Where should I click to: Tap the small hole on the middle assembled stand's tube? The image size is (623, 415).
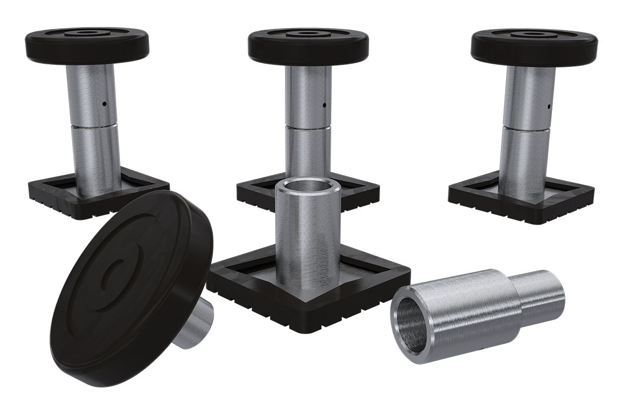(324, 105)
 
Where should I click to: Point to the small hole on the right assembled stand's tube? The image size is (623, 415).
(548, 107)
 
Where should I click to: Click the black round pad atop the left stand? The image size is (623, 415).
(87, 46)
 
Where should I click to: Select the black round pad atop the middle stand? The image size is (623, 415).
(308, 47)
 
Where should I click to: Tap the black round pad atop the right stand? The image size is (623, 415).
(534, 47)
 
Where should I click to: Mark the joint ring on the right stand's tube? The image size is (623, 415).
(527, 128)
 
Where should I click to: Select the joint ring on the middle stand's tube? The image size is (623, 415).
(308, 127)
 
